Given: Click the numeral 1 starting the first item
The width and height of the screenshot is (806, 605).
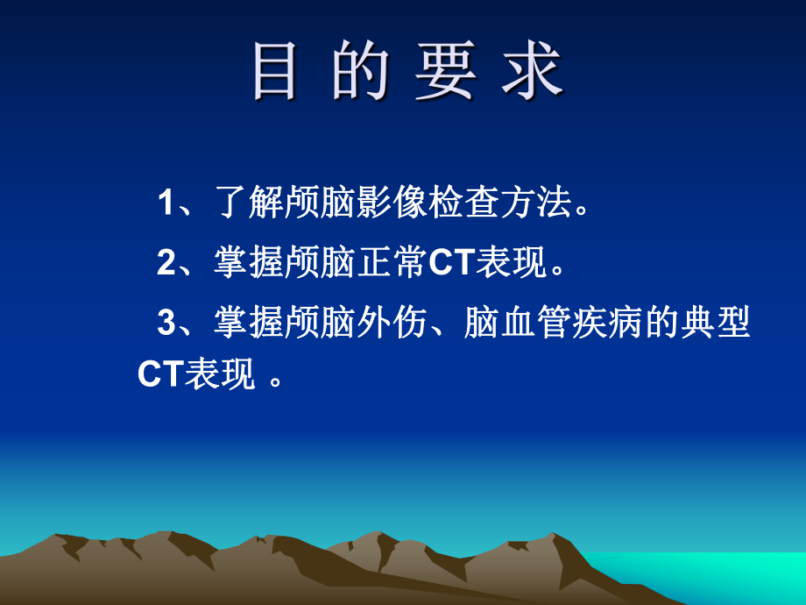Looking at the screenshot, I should click(x=166, y=204).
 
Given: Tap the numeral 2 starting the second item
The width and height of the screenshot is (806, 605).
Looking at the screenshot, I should click(x=166, y=263).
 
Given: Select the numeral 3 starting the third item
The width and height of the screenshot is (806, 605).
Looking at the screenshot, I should click(x=166, y=323).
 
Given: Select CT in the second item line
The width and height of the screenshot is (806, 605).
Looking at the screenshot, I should click(x=452, y=263).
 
